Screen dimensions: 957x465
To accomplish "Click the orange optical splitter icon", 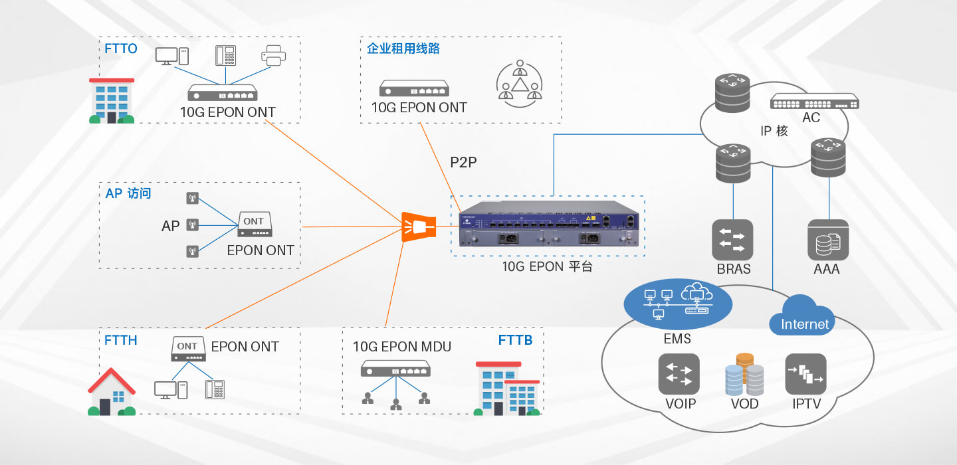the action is (419, 227).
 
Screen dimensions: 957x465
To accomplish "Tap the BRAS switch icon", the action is (732, 240).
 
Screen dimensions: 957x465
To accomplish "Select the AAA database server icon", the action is (828, 240).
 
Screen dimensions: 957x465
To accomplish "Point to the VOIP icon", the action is (679, 374).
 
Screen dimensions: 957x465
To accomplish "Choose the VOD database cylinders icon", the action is (744, 374).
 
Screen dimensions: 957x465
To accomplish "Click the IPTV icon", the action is (805, 374).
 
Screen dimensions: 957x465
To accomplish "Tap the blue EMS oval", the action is (678, 304).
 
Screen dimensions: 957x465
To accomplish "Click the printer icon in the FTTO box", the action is (273, 56).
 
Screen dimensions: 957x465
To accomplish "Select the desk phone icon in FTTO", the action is (225, 56).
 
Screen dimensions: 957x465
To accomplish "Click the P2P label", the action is (464, 162).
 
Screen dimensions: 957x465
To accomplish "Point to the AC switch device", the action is (814, 102).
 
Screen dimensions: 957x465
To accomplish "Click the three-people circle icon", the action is (520, 84).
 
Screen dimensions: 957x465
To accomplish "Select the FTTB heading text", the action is (515, 340).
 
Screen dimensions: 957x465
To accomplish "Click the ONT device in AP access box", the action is (255, 224).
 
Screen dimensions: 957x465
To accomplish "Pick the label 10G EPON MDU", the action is (402, 347).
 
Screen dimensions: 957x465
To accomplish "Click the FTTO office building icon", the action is (112, 101).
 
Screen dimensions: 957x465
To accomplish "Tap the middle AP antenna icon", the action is (193, 225).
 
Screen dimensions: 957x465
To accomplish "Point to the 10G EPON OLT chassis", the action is (549, 223).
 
